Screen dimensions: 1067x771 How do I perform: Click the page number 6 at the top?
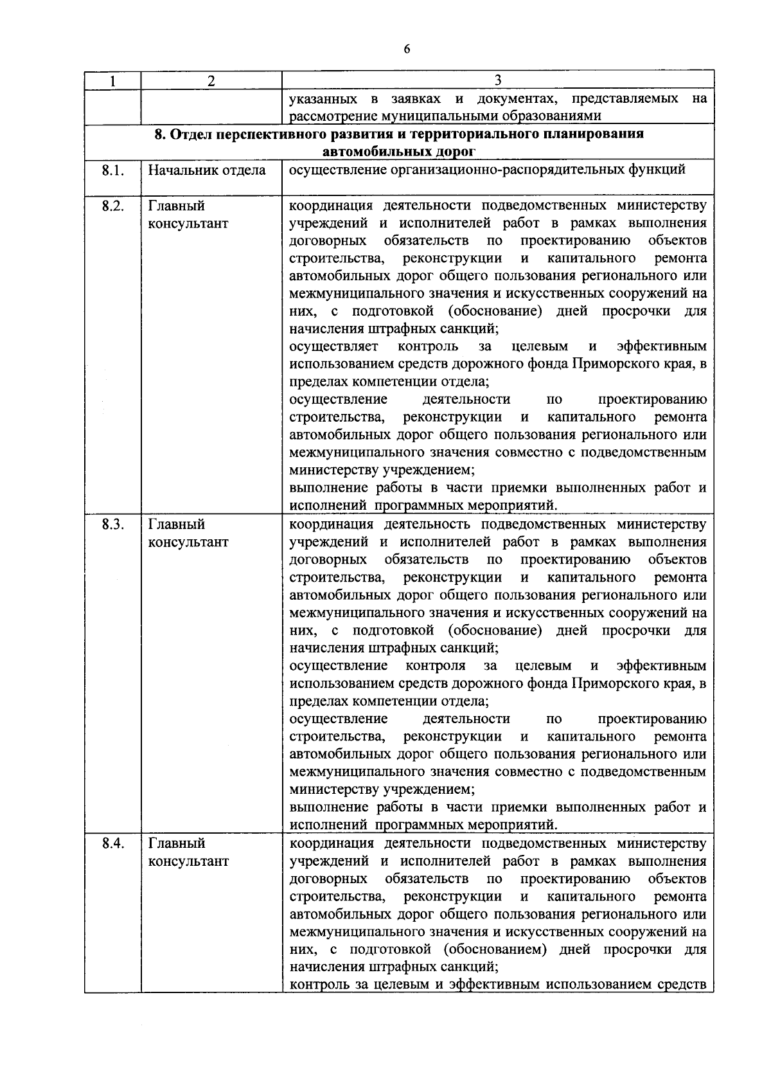click(x=406, y=49)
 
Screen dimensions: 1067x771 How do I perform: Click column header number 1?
click(x=112, y=80)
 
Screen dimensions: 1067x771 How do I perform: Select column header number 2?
click(x=211, y=80)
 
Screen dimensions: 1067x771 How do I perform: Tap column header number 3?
click(x=498, y=80)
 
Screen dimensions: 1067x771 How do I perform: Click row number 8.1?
click(x=112, y=170)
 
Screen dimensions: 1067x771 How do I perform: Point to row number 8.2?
click(x=112, y=206)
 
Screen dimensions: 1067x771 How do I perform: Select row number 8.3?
click(x=112, y=524)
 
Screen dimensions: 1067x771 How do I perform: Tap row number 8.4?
click(x=112, y=843)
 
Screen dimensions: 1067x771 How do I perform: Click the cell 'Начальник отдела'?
click(x=207, y=170)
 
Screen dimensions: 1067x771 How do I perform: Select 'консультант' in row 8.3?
click(x=188, y=542)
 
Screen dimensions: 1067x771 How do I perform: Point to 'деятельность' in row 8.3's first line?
click(x=427, y=524)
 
